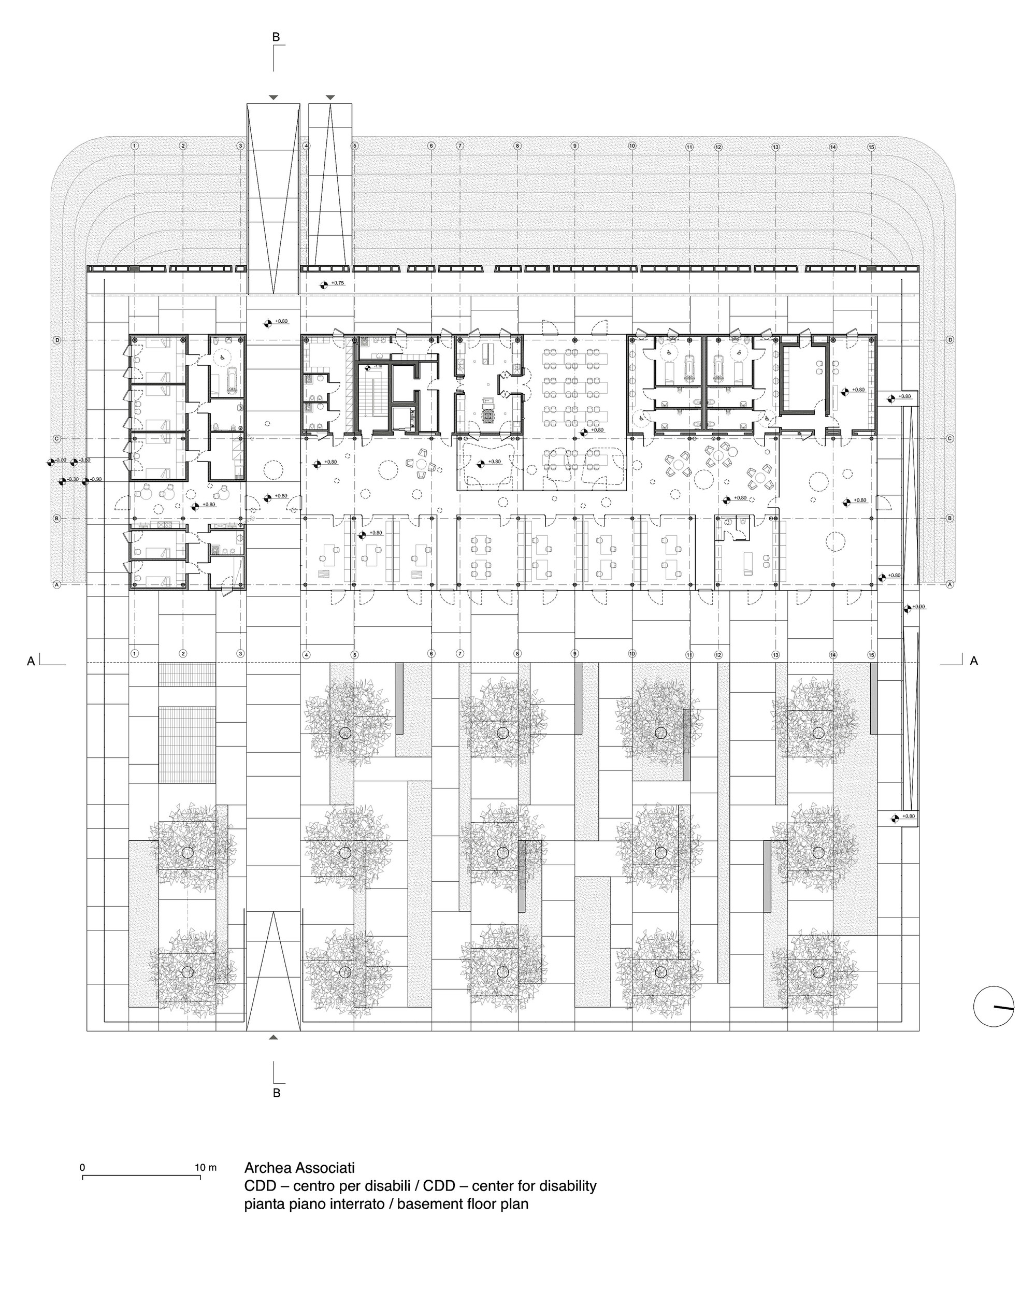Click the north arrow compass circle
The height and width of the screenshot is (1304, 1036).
(993, 1007)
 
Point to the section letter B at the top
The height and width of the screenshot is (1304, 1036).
(277, 37)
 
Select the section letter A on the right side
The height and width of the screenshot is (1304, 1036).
(974, 662)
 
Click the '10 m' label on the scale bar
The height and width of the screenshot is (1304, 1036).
(206, 1167)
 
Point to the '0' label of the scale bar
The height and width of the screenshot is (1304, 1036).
(83, 1167)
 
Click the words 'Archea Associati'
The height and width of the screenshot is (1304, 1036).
(299, 1167)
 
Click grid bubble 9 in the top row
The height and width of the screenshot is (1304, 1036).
(574, 146)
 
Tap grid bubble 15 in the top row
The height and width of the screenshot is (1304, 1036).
(871, 147)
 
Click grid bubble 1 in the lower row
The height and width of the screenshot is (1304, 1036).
(135, 653)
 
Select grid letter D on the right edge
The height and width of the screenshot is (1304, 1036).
(949, 340)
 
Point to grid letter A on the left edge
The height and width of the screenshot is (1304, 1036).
(57, 584)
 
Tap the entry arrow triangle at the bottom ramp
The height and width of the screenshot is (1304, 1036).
(274, 1037)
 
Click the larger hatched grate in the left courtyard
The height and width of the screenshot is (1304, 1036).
(187, 744)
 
